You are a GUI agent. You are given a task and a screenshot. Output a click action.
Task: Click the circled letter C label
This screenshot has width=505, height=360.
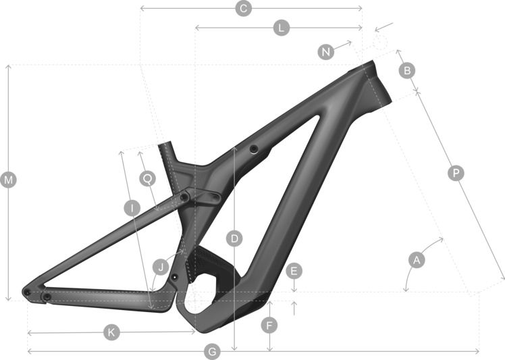tap(244, 8)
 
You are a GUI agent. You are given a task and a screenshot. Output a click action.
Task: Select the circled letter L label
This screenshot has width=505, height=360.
tap(282, 28)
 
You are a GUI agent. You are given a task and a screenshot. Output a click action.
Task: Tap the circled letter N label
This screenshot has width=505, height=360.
tap(326, 51)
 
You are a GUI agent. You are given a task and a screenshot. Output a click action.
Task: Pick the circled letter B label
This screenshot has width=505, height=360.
tap(407, 70)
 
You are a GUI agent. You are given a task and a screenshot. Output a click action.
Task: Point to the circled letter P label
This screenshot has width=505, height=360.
tap(456, 173)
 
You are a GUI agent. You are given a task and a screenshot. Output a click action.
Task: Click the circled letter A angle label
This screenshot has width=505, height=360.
tap(417, 260)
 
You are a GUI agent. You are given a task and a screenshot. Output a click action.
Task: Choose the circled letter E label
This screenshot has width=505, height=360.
tap(294, 271)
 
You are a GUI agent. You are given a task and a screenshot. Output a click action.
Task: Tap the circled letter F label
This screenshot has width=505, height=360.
tap(269, 325)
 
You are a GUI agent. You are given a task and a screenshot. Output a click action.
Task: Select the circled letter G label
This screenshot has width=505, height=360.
tap(212, 352)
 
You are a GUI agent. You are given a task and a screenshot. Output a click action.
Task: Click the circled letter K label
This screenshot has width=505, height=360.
tap(112, 332)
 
